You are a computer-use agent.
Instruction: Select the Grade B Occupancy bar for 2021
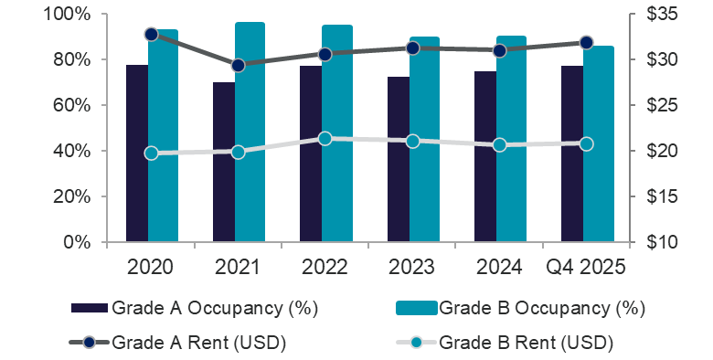coord(250,132)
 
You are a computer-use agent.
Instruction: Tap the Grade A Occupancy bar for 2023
coord(398,160)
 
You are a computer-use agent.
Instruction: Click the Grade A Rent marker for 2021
coord(238,65)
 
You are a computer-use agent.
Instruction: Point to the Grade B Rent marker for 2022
coord(325,139)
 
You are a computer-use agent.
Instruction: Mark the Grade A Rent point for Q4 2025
coord(586,43)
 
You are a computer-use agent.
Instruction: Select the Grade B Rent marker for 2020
coord(151,153)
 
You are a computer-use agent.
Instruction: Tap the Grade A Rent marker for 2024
coord(499,51)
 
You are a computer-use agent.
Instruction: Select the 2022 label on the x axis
coord(325,266)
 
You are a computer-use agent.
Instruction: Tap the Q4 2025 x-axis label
coord(586,266)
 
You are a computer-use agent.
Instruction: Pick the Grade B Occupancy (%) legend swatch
coord(416,307)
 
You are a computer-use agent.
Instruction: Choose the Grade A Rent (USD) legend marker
coord(89,343)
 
